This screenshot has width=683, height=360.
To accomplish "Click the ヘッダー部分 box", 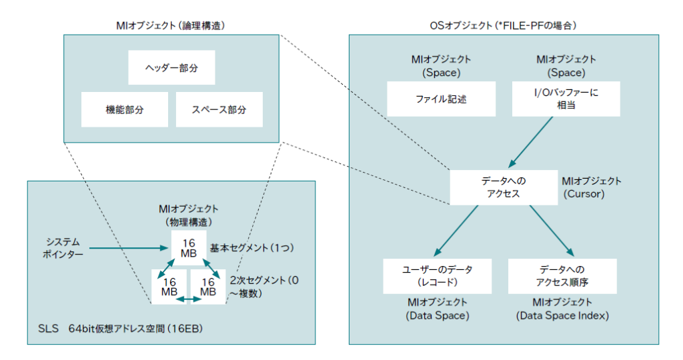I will (171, 69).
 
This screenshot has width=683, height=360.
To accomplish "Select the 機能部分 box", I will (125, 109).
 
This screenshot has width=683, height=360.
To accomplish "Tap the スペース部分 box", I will (219, 109).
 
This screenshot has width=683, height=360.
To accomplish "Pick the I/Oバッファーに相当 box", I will (566, 99).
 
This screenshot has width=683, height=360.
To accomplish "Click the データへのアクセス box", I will (504, 187).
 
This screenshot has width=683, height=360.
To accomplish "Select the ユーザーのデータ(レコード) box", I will (437, 276).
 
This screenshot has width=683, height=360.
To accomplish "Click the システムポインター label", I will (64, 247).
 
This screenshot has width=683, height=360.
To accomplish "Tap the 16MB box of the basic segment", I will (188, 248).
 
